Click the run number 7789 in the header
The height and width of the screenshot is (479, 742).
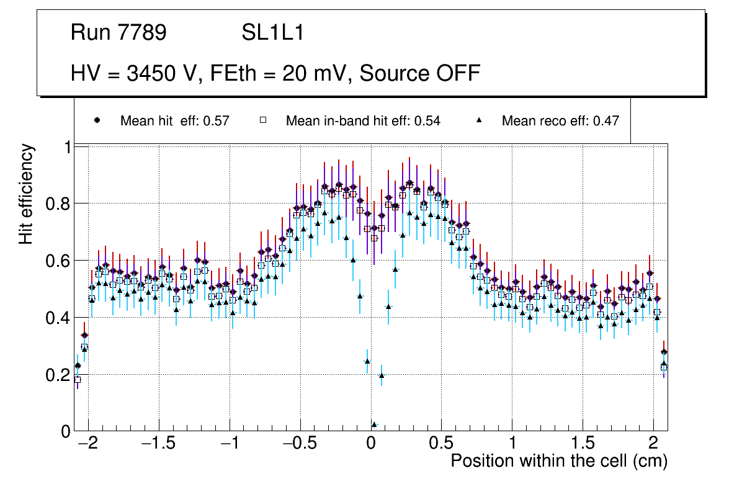coord(141,34)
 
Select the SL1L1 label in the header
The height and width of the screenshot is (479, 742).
coord(273,34)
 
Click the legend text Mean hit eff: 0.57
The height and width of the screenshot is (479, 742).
coord(175,121)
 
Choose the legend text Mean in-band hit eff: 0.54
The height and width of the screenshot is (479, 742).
coord(363,121)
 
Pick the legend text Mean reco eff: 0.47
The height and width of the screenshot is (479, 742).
coord(560,121)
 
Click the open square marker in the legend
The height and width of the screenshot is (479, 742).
coord(262,120)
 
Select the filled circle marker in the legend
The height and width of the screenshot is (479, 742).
coord(97,120)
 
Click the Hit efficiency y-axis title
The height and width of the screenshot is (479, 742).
coord(26,194)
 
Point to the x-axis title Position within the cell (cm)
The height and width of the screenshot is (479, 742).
coord(558,461)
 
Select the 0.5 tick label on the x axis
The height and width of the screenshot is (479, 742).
coord(441,444)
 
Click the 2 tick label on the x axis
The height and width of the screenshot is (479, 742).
coord(653,444)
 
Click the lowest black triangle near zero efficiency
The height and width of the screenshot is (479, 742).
coord(374,424)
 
